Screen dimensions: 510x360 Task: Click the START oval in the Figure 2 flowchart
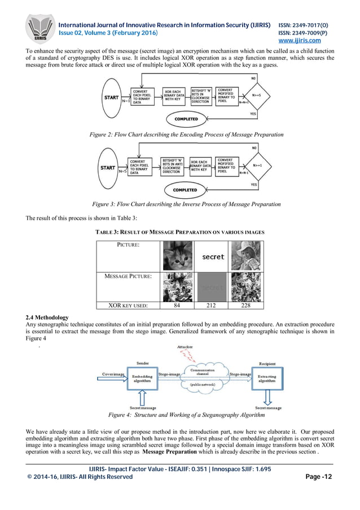pos(112,97)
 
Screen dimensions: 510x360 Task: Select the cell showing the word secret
pos(213,257)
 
